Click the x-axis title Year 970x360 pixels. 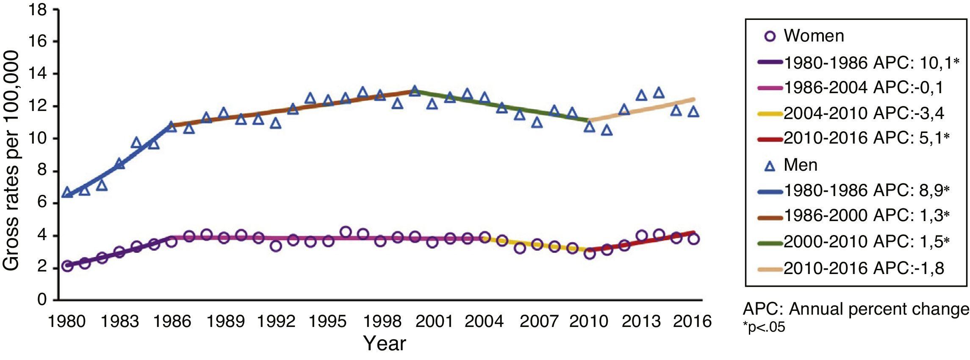tap(385, 343)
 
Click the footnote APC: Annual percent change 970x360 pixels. tap(856, 310)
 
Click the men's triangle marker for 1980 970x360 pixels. tap(67, 193)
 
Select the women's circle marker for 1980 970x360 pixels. tap(67, 266)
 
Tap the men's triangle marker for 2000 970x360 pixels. tap(415, 91)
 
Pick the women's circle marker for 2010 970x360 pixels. tap(589, 254)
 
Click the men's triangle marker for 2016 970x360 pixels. tap(693, 112)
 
